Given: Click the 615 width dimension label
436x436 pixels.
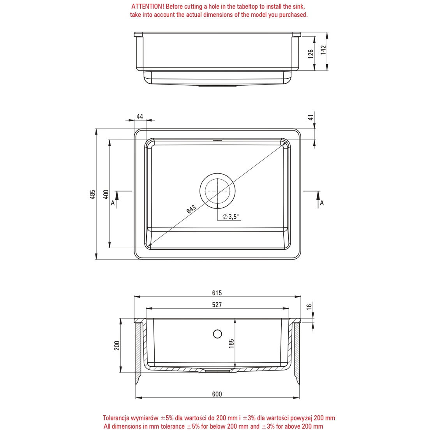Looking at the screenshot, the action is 217,293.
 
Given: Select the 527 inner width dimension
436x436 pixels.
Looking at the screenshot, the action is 217,305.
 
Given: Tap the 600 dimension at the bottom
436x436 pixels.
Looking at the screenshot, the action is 217,394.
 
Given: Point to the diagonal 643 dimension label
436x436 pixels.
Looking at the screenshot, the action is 191,209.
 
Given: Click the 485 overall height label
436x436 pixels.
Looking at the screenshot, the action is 93,194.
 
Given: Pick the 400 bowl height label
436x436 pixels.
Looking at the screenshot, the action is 106,194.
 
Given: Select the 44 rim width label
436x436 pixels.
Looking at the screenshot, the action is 140,117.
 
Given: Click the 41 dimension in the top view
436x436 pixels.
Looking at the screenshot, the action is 311,117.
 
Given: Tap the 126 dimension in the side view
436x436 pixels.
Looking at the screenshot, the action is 311,54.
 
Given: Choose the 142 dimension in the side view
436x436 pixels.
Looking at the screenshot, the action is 323,50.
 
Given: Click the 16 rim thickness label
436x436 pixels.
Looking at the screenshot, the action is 309,307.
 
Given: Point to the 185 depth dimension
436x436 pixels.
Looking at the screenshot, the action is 231,344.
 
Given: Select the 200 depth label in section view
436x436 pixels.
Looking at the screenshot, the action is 117,345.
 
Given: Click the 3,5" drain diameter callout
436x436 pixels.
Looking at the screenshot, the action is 231,217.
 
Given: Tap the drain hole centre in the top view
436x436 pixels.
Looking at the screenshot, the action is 217,191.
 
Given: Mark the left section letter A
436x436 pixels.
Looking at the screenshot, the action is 113,203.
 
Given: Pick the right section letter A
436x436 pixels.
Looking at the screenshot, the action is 322,203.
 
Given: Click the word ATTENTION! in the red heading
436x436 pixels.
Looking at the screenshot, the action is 148,6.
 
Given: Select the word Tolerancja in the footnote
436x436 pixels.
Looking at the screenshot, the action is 116,418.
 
